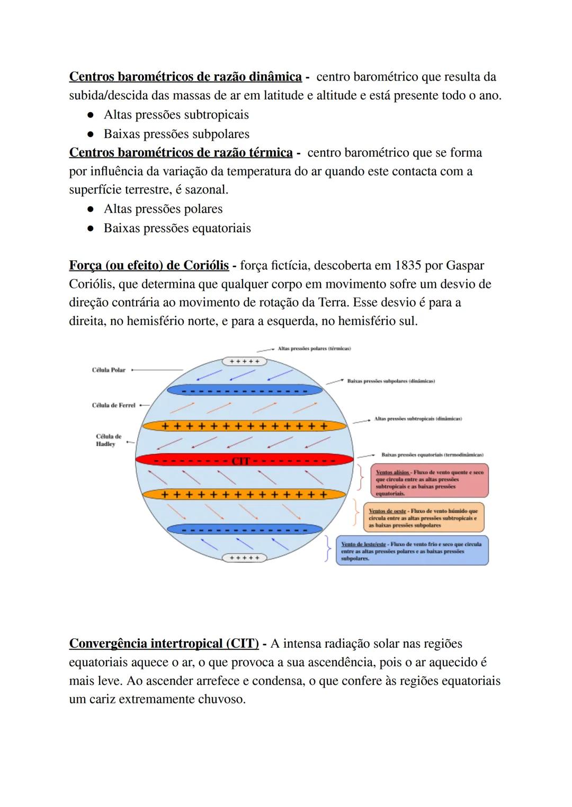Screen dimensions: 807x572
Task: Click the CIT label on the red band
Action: [240, 461]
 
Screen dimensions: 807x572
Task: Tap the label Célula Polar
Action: [109, 370]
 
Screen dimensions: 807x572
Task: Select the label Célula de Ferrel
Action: [113, 405]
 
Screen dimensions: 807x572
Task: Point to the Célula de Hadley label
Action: [109, 440]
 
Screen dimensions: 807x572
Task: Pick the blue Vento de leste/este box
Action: [412, 551]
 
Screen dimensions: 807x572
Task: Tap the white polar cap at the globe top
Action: [244, 361]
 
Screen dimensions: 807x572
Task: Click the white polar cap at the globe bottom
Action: [244, 558]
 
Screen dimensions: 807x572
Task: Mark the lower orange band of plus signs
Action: [244, 495]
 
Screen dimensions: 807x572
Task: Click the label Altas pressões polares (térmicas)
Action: [314, 349]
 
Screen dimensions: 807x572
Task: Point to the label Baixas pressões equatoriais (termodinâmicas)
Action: [432, 455]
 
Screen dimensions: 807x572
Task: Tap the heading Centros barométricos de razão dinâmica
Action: [185, 77]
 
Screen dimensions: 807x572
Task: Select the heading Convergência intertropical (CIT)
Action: [164, 644]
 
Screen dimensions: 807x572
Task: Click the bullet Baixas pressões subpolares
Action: [176, 134]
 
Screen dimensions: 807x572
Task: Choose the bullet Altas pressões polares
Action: [163, 209]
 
